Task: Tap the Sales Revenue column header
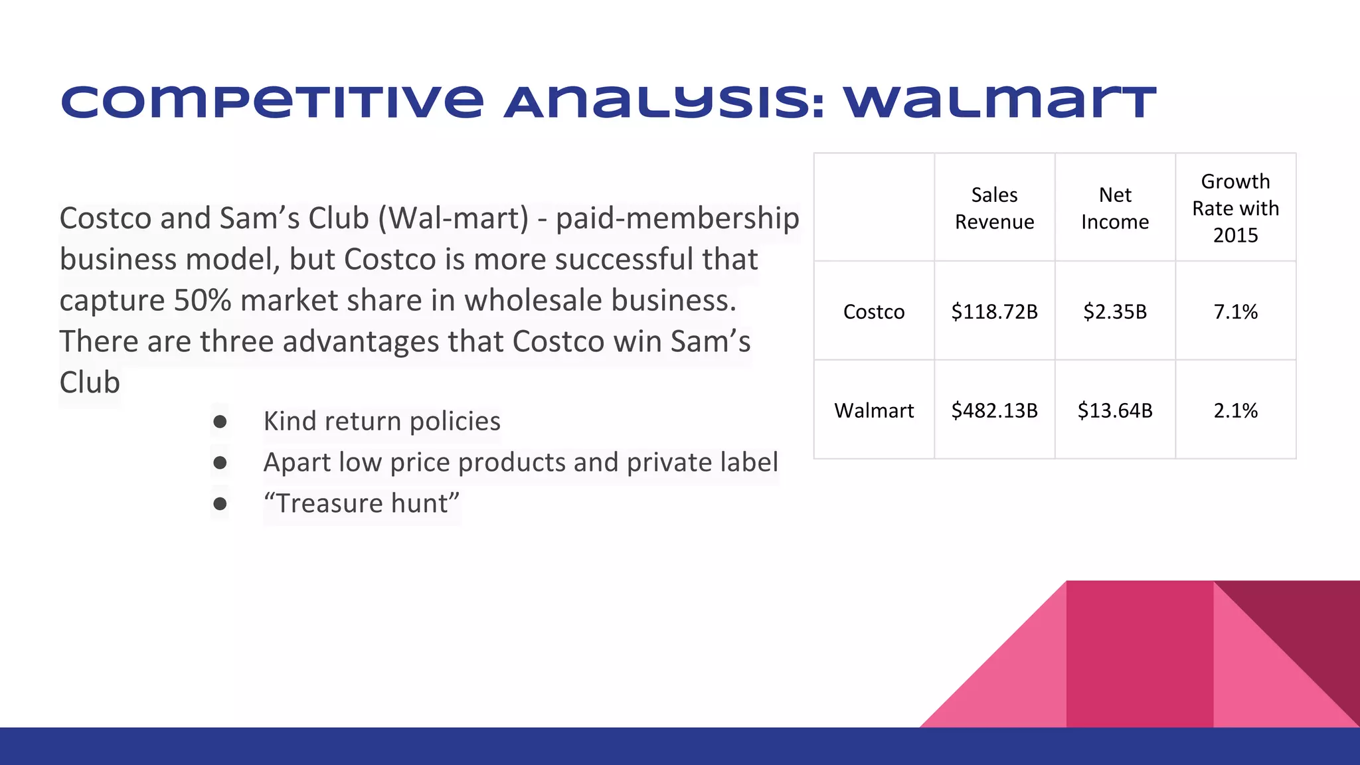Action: click(994, 208)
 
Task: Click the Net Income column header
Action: click(1115, 208)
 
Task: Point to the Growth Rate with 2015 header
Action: click(1235, 208)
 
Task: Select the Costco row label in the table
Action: click(874, 311)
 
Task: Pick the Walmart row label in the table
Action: click(874, 410)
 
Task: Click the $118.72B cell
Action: click(994, 311)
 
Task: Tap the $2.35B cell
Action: click(1115, 311)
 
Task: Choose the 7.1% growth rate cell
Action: click(1235, 311)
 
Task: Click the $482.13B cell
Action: click(994, 410)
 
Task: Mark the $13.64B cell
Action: click(1115, 410)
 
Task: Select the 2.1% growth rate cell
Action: click(1235, 410)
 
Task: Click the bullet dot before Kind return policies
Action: click(220, 422)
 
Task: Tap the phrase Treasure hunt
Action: click(361, 503)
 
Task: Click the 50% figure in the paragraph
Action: click(202, 300)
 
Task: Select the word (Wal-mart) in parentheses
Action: click(454, 218)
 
